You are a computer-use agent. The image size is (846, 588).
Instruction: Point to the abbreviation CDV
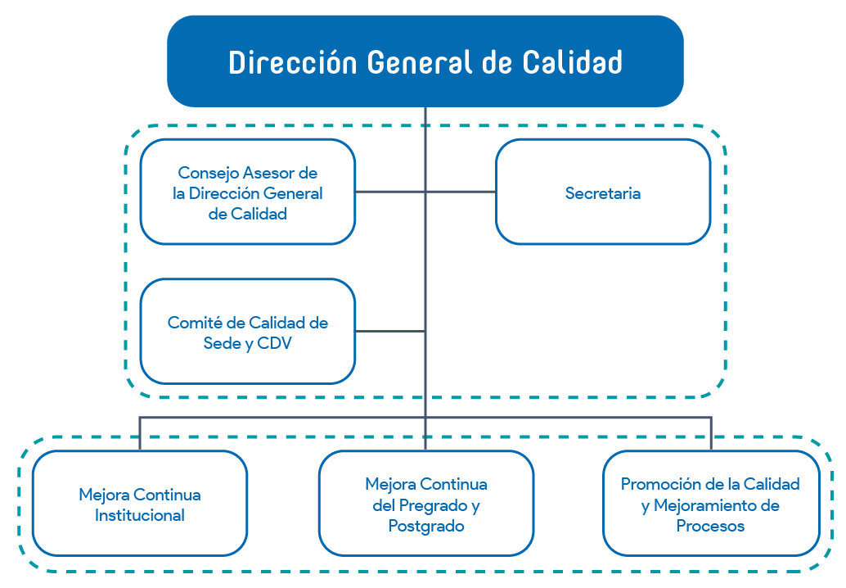click(x=274, y=343)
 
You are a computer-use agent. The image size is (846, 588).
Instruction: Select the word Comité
click(x=195, y=323)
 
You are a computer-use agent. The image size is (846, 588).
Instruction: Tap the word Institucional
click(x=139, y=515)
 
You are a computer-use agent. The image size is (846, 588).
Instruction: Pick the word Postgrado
click(x=425, y=526)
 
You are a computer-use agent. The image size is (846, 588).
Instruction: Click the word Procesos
click(x=710, y=526)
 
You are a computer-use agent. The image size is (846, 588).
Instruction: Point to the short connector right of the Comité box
click(x=389, y=331)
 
